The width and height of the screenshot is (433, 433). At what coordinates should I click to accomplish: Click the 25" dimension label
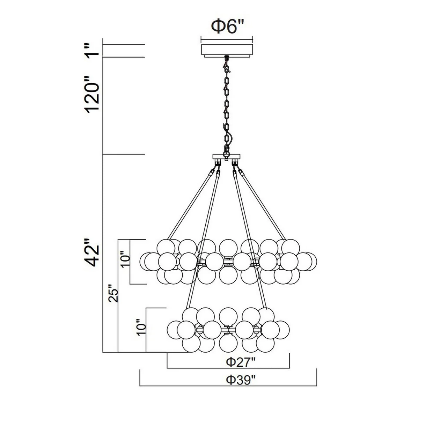113,293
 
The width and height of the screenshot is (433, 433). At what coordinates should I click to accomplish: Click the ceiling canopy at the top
227,50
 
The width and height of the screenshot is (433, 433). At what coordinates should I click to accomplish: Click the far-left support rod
190,204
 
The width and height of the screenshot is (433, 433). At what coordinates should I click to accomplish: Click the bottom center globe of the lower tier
228,343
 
